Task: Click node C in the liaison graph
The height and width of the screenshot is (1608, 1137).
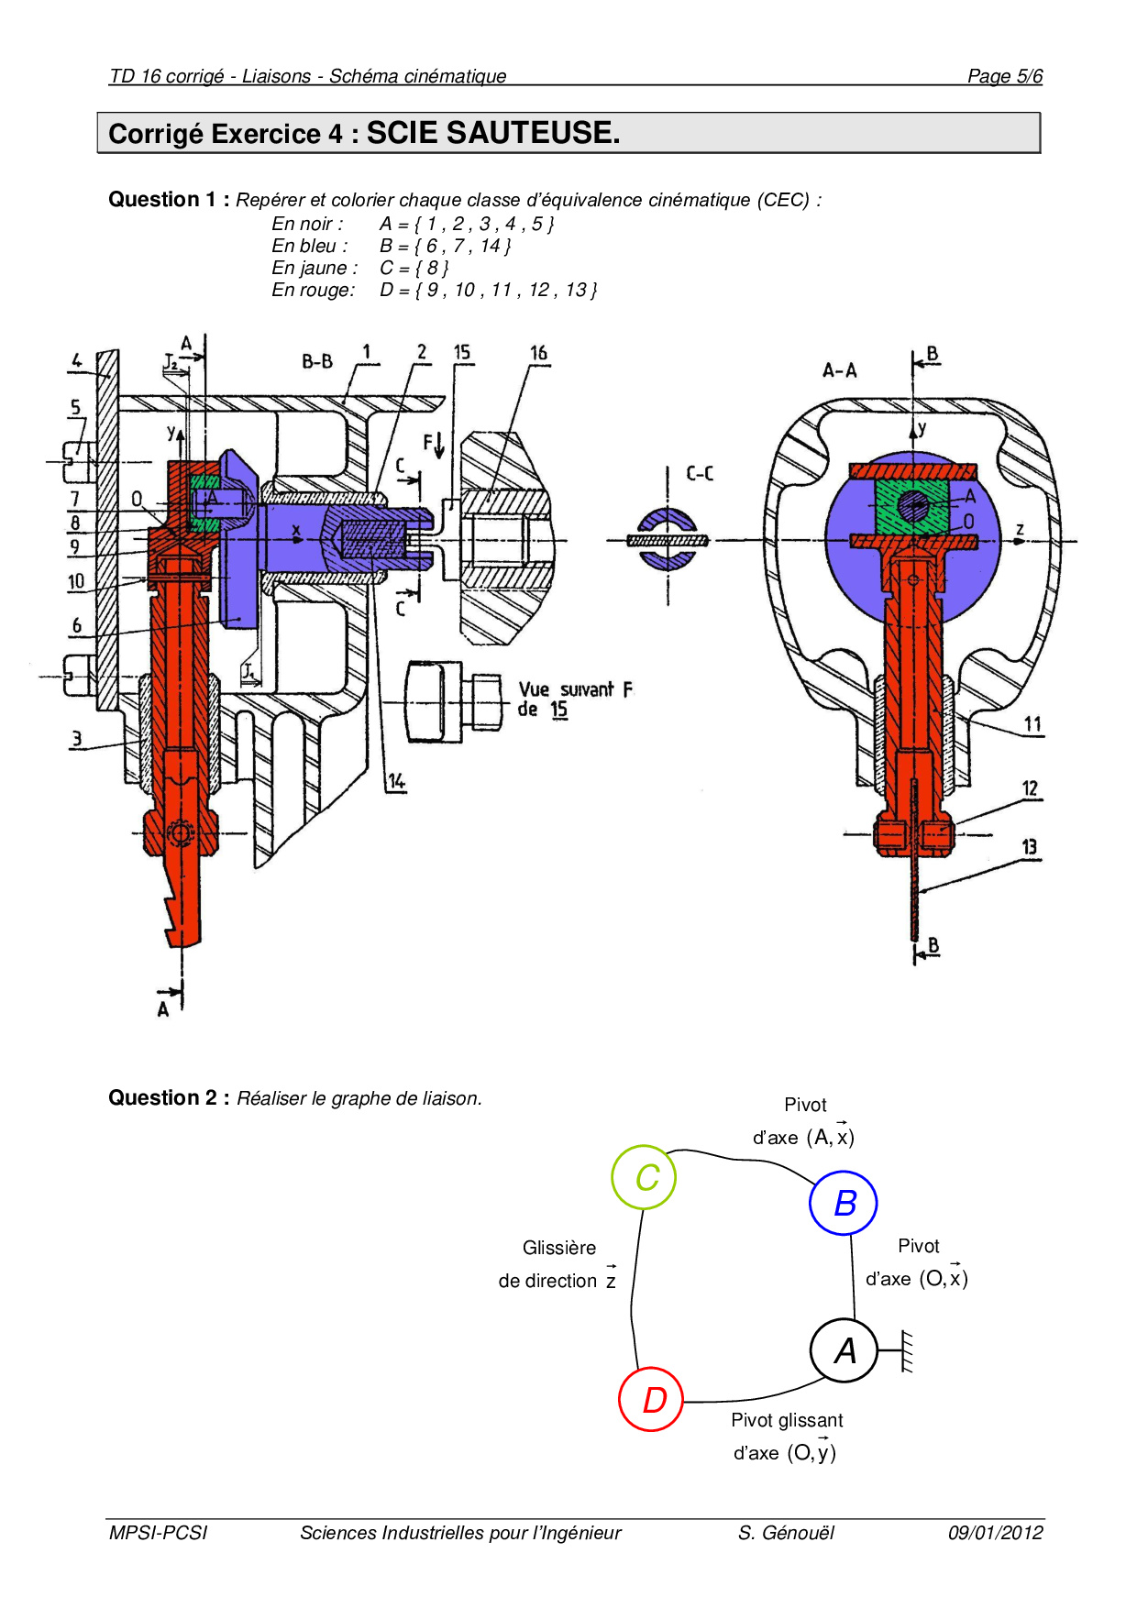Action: coord(644,1177)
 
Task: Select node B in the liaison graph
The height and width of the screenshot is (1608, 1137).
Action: coord(844,1203)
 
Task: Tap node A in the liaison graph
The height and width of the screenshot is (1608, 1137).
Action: coord(844,1350)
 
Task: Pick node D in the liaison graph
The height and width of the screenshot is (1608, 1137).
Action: coord(651,1399)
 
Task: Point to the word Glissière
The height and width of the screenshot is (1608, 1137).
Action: coord(559,1248)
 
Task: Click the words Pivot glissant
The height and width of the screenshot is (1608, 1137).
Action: coord(787,1420)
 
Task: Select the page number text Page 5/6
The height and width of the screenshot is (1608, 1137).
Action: coord(1005,76)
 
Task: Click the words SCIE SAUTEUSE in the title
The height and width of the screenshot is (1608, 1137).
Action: coord(493,133)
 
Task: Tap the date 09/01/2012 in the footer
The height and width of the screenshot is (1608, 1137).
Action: coord(996,1533)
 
